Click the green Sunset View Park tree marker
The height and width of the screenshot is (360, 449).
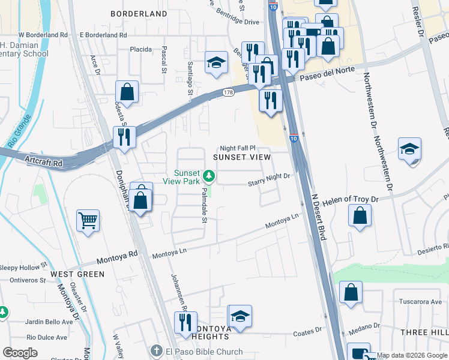coord(209,176)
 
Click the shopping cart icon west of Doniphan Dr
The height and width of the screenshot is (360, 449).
coord(88,221)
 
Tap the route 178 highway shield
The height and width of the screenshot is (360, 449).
coord(228,92)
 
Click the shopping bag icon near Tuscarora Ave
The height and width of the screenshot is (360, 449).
coord(351,293)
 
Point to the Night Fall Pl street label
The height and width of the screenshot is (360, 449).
coord(238,148)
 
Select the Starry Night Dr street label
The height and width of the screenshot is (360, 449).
coord(270,176)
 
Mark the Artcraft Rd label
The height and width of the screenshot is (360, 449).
coord(44,162)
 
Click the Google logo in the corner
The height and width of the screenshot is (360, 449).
coord(20,352)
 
